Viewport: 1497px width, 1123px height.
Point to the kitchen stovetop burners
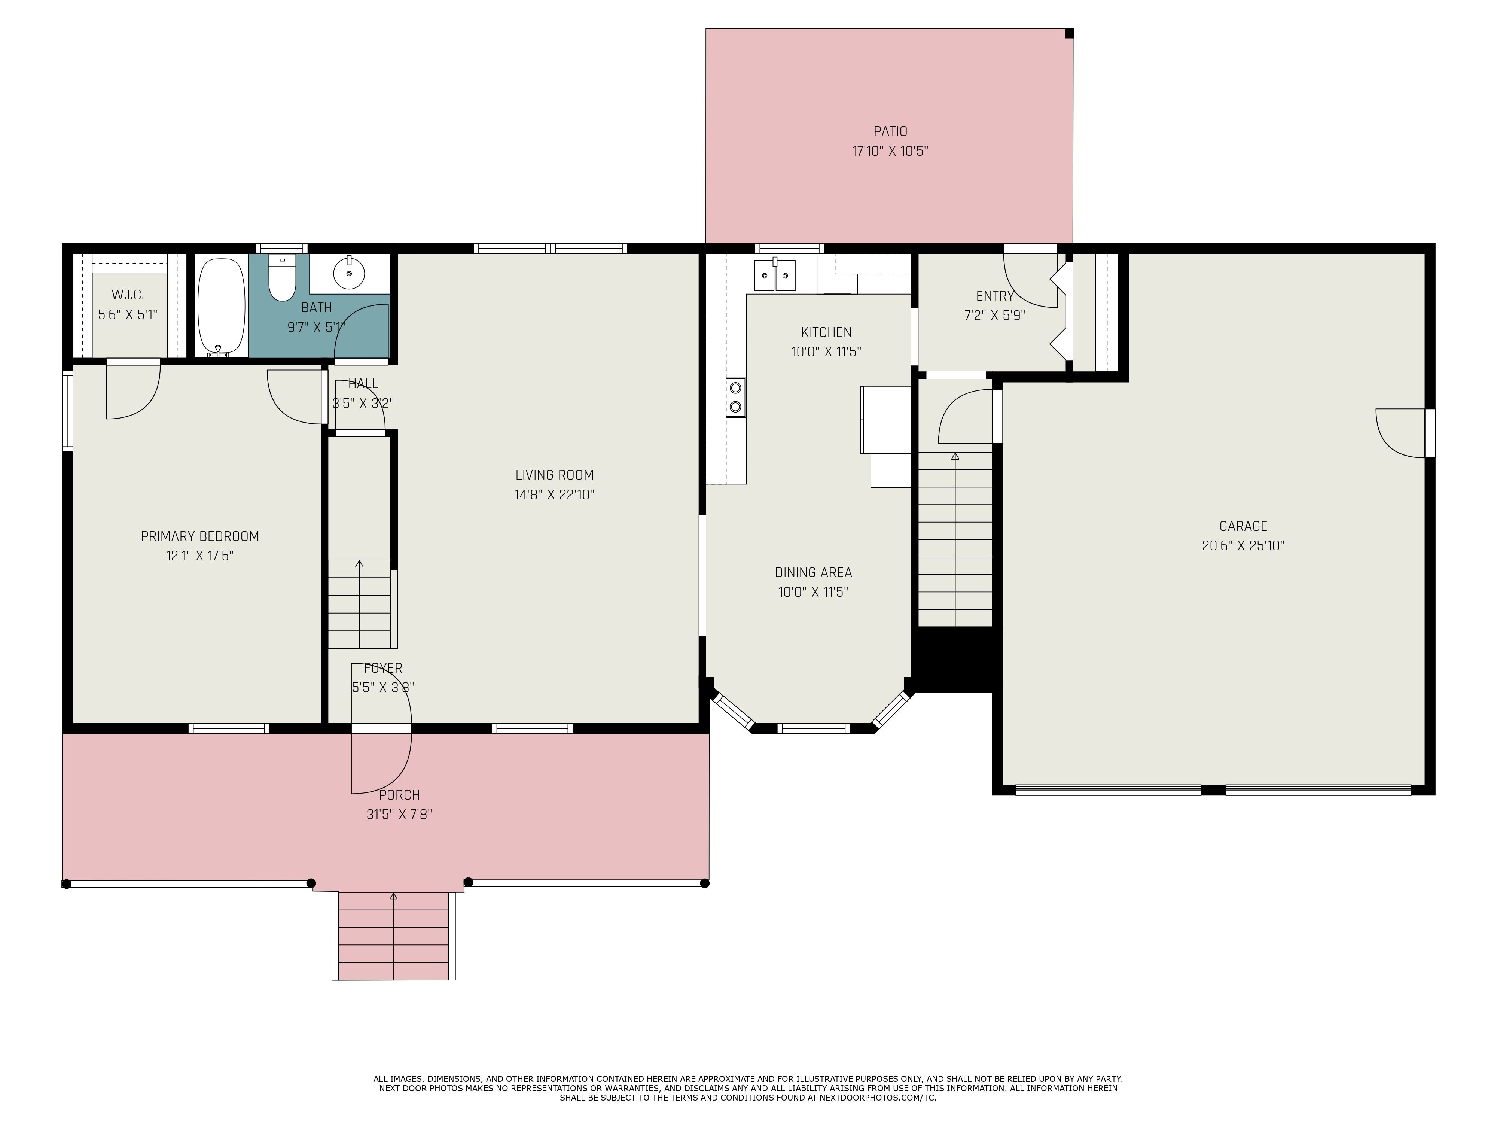[736, 397]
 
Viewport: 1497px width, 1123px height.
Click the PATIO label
[890, 131]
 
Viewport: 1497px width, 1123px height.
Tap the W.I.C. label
[128, 295]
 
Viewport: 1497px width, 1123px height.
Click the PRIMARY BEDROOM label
[199, 536]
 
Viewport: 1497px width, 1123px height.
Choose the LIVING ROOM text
[554, 475]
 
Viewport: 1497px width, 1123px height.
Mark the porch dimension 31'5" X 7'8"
[399, 814]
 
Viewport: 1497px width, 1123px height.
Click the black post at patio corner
[1069, 33]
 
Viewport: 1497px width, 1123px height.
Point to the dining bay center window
[813, 728]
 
